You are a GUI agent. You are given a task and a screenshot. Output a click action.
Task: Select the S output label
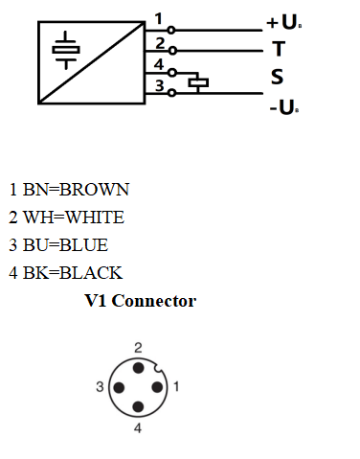277,76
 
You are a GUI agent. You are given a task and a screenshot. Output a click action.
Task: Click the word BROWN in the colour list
94,190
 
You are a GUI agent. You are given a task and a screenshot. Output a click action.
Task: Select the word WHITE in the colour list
94,218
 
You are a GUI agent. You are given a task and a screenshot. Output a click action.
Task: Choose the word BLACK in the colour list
91,272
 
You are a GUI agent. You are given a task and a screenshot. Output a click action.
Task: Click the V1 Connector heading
140,301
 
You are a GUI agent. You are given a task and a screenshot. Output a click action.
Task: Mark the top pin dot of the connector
139,368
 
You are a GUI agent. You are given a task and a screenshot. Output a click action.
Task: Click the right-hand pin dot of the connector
157,387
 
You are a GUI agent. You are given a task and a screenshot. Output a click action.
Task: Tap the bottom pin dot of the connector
139,406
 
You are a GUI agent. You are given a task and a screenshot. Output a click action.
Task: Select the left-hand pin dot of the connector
120,387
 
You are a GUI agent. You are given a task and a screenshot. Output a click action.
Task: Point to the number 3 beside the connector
100,387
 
